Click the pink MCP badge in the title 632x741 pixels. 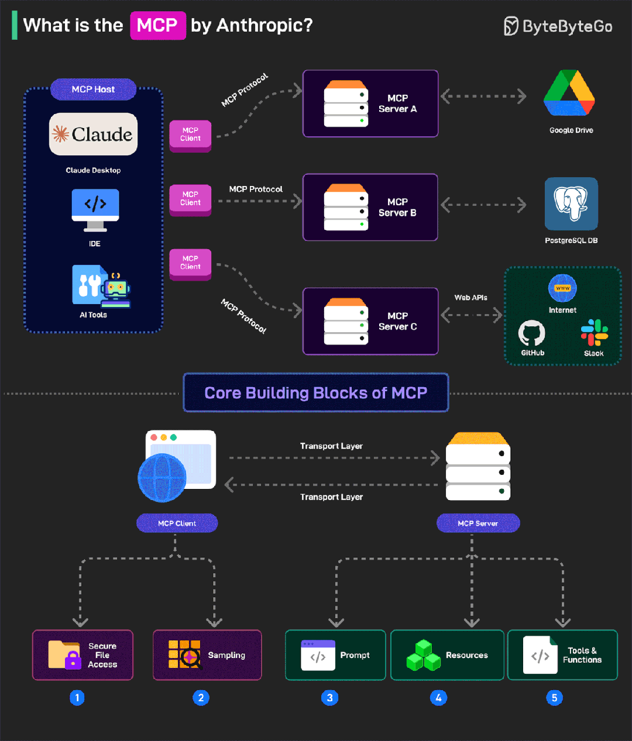(x=157, y=26)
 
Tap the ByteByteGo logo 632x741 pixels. (x=558, y=26)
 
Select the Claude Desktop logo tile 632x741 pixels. (x=93, y=135)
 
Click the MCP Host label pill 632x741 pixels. (x=93, y=89)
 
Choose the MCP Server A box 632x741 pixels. (x=370, y=104)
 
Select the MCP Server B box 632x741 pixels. (x=370, y=207)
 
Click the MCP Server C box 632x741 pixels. (x=370, y=321)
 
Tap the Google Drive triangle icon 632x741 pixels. (x=569, y=94)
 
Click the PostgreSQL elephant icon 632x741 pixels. (x=571, y=204)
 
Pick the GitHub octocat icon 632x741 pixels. (x=531, y=333)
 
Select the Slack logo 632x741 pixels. (x=594, y=333)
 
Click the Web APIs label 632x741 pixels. (x=470, y=298)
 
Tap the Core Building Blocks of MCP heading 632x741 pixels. (x=316, y=392)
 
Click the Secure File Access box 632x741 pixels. (x=83, y=655)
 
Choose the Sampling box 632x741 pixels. (x=207, y=655)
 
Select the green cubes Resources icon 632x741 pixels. (x=424, y=655)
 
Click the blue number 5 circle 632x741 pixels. (x=554, y=698)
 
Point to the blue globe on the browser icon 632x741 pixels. (x=162, y=478)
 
